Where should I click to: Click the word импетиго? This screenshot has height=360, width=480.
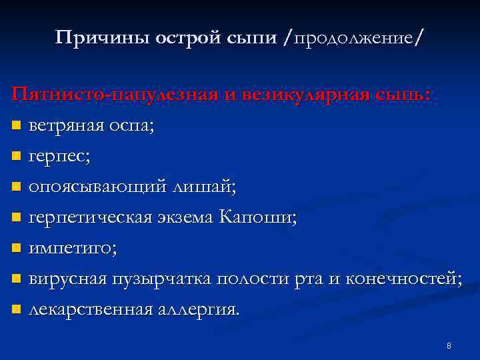point(71,249)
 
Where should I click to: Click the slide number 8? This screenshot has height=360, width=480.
point(449,346)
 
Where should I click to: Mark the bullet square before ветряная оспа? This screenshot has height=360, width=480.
point(17,126)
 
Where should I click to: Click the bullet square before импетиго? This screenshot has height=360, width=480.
point(17,249)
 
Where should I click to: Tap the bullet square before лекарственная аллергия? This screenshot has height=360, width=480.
point(17,310)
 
